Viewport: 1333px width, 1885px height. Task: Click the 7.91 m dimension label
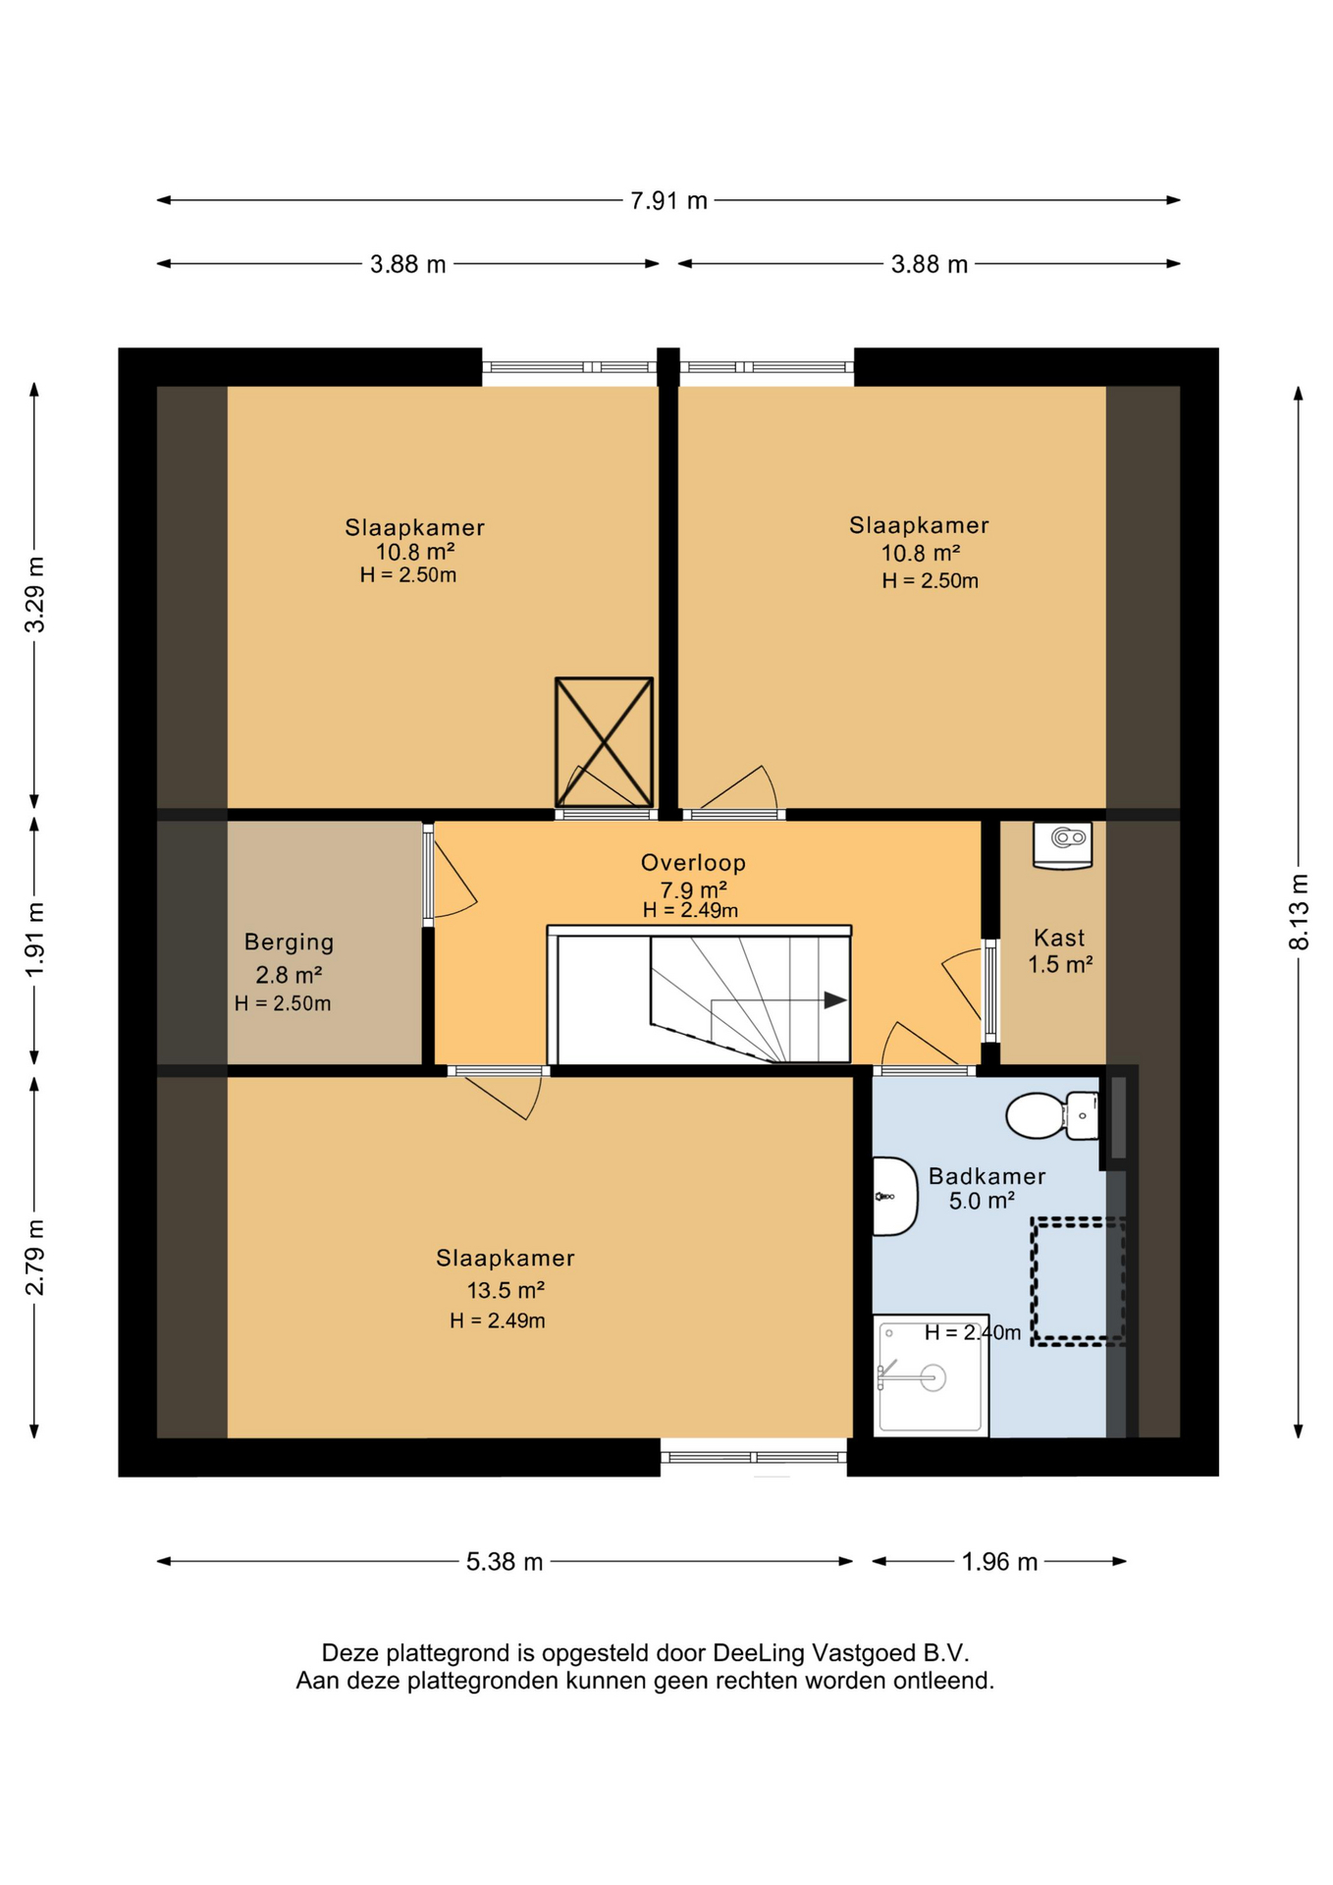[x=668, y=201]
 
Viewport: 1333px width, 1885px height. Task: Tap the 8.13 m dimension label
[x=1299, y=911]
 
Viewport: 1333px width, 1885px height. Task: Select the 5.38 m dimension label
[x=505, y=1562]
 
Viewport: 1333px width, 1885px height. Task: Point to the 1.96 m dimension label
[x=999, y=1562]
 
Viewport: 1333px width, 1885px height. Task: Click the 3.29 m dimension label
[x=34, y=595]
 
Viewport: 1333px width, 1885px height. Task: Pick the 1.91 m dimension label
[x=34, y=940]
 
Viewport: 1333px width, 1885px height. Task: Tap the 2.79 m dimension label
[x=34, y=1258]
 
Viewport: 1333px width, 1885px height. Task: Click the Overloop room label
[x=693, y=863]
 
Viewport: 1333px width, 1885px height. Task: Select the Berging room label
[x=289, y=942]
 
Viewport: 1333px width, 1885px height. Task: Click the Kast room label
[x=1059, y=938]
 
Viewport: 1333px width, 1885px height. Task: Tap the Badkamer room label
[x=986, y=1176]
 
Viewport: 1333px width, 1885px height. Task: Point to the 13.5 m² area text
[x=505, y=1290]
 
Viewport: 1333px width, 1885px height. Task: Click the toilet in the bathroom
[x=1051, y=1115]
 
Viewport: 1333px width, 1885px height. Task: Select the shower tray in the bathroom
[x=931, y=1375]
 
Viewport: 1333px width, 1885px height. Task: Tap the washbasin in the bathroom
[x=894, y=1196]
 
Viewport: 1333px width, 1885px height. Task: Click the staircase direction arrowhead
[x=834, y=1000]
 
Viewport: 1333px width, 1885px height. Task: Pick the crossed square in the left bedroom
[x=604, y=742]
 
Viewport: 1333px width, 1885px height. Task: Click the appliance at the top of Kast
[x=1062, y=845]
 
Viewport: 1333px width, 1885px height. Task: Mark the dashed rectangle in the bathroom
[x=1077, y=1281]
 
